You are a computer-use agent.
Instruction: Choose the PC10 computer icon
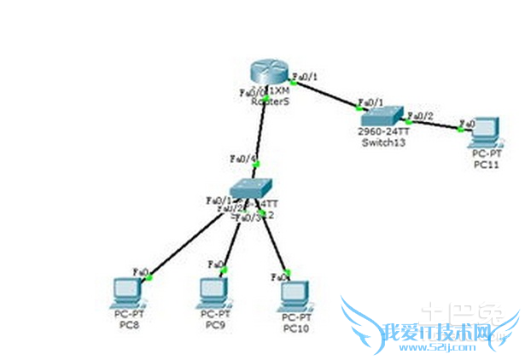point(294,294)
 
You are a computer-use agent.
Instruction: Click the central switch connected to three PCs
point(252,189)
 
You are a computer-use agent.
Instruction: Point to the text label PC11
point(485,163)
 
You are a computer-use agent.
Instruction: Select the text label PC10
point(295,328)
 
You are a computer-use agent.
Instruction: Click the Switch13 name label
point(382,142)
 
